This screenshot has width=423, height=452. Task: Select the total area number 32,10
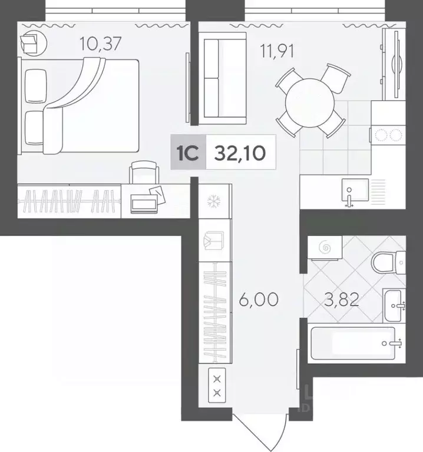click(240, 153)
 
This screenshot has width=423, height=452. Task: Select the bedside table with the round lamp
click(31, 43)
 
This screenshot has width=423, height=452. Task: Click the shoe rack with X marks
click(217, 386)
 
